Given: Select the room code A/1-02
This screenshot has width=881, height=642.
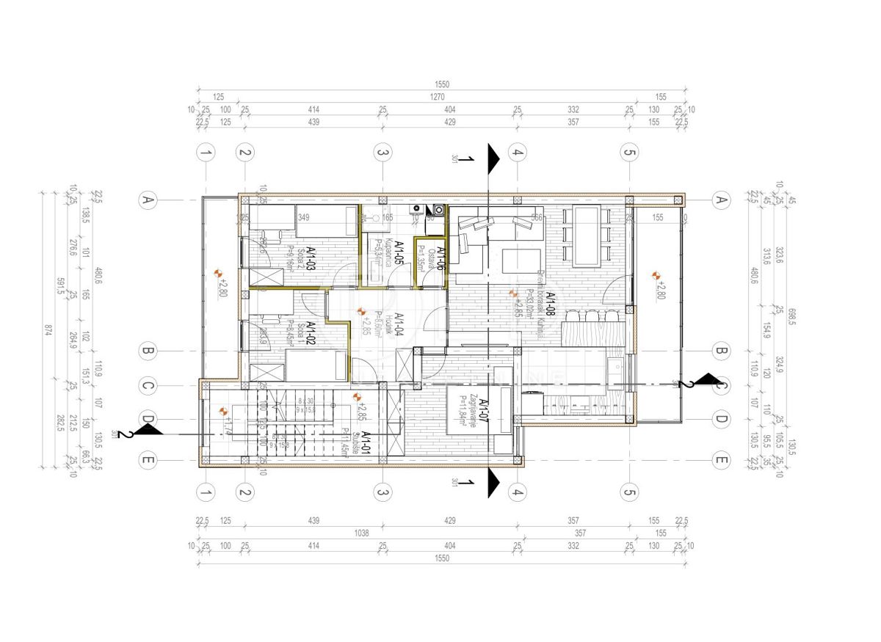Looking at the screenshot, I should point(311,335).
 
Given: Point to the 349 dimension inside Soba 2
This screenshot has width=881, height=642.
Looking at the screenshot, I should point(303,217).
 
